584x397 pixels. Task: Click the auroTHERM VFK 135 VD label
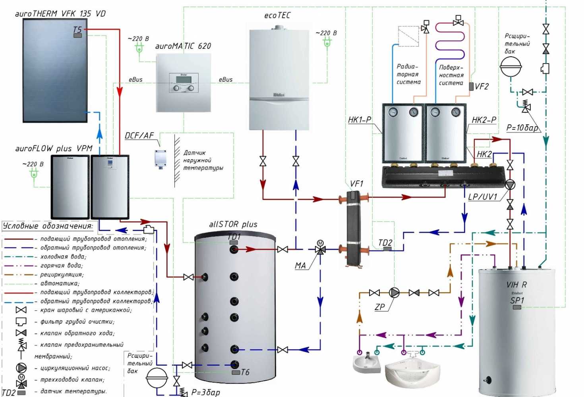click(x=60, y=13)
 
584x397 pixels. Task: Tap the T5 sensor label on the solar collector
click(x=77, y=30)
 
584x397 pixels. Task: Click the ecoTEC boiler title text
click(x=277, y=15)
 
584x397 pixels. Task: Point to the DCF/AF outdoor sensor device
click(x=161, y=159)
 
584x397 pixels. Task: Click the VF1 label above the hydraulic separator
click(x=356, y=184)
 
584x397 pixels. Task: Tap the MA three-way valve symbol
click(x=320, y=249)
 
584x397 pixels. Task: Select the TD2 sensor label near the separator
click(x=385, y=243)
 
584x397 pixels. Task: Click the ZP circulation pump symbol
click(x=394, y=293)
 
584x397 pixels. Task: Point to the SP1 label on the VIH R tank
click(x=517, y=301)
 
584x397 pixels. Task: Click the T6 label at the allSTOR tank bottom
click(x=245, y=372)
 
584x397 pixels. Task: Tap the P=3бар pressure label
click(x=205, y=392)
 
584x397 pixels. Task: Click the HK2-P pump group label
click(x=484, y=120)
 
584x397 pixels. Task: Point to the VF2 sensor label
click(x=482, y=87)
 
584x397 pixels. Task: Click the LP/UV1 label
click(x=482, y=197)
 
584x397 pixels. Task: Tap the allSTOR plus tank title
click(x=233, y=224)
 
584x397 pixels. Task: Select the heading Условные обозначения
click(x=48, y=226)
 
